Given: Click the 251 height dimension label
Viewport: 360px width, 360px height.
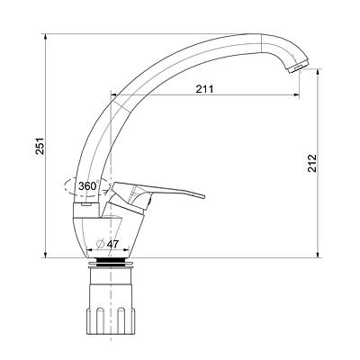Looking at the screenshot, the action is tap(40, 147).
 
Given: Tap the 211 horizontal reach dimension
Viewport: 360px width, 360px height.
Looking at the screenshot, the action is tap(204, 89).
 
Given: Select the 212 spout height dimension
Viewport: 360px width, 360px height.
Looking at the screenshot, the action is tap(312, 163).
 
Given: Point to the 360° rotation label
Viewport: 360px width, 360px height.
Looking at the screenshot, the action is tap(88, 186).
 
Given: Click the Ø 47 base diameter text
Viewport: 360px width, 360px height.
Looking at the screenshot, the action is tap(108, 244).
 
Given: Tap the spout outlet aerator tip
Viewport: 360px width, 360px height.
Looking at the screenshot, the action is tap(298, 67).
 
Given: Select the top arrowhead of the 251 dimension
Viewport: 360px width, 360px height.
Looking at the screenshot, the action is tap(45, 36).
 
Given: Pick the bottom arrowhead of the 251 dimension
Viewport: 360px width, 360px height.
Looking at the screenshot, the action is tap(45, 255).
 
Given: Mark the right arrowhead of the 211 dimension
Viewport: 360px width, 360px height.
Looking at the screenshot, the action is tap(296, 95).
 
